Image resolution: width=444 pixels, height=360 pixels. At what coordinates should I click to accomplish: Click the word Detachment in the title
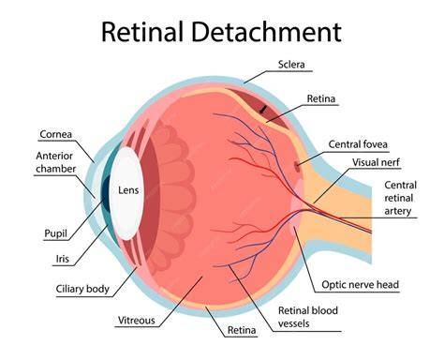tap(266, 32)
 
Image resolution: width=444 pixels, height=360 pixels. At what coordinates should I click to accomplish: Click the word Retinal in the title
tap(142, 32)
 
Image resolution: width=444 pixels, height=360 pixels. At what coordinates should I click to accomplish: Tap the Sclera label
tap(291, 65)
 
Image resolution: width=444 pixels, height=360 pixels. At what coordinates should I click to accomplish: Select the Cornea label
tap(56, 134)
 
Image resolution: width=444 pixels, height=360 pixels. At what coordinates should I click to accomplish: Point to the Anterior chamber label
tap(55, 162)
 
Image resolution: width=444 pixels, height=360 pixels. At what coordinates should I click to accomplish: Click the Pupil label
tap(55, 233)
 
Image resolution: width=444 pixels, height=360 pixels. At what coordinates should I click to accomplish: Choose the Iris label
tap(63, 259)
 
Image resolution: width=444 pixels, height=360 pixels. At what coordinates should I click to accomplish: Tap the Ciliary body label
tap(82, 289)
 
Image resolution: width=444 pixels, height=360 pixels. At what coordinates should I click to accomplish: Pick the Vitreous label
tap(137, 321)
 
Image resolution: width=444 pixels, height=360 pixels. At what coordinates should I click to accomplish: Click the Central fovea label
tap(358, 144)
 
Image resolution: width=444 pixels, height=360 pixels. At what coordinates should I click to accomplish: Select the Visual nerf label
tap(376, 162)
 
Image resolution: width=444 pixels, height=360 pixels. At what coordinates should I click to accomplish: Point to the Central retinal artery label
tap(400, 198)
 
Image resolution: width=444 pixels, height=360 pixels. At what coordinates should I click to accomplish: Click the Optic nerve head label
tap(361, 285)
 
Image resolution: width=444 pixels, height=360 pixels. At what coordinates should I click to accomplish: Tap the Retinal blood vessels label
tap(308, 317)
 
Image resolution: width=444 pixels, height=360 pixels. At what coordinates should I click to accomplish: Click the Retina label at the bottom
tap(242, 330)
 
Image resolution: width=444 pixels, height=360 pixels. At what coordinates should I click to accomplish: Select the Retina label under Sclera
tap(321, 98)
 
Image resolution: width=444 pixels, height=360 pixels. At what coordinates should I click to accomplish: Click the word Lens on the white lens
tap(128, 190)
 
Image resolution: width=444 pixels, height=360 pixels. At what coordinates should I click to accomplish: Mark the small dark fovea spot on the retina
tap(297, 167)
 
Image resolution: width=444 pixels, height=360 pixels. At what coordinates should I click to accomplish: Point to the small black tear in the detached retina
tap(264, 109)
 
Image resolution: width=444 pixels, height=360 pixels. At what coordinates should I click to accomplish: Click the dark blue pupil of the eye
tap(105, 194)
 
